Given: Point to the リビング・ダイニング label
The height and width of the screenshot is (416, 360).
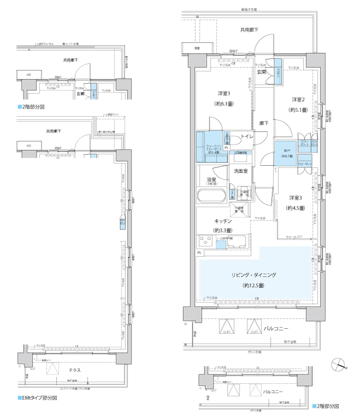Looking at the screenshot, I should tap(254, 275).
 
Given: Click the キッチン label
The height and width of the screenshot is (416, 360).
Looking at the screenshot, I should tap(223, 221).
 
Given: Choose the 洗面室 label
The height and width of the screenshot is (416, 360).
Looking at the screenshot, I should tap(241, 171).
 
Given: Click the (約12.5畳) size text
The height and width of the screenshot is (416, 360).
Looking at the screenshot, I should tap(254, 285).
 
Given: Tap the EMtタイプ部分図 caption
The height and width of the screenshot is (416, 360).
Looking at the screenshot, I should tap(38, 398).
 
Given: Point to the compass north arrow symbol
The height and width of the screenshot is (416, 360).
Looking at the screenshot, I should tap(340, 365).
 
